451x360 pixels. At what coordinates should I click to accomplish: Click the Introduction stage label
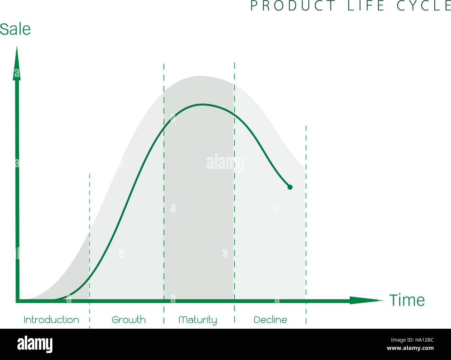[51, 320]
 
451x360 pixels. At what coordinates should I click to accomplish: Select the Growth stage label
[129, 320]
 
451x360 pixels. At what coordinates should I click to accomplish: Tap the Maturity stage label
[198, 320]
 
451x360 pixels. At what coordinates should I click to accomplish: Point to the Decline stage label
[270, 320]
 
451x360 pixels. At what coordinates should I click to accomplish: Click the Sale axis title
[15, 29]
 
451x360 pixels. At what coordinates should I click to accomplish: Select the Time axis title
[407, 300]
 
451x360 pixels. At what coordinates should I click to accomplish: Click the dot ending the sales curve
[290, 187]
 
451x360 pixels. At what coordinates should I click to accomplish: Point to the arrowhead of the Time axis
[367, 300]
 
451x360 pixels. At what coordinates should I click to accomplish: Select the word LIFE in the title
[366, 6]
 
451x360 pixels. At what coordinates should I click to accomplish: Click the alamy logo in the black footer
[35, 344]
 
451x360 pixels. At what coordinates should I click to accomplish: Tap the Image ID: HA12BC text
[412, 340]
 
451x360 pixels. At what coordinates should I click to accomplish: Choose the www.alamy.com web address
[410, 348]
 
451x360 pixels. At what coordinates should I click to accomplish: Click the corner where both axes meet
[18, 301]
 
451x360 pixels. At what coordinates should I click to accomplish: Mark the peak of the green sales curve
[202, 104]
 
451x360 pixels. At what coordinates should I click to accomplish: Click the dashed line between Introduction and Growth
[90, 251]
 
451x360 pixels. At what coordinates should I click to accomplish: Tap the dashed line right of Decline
[306, 225]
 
